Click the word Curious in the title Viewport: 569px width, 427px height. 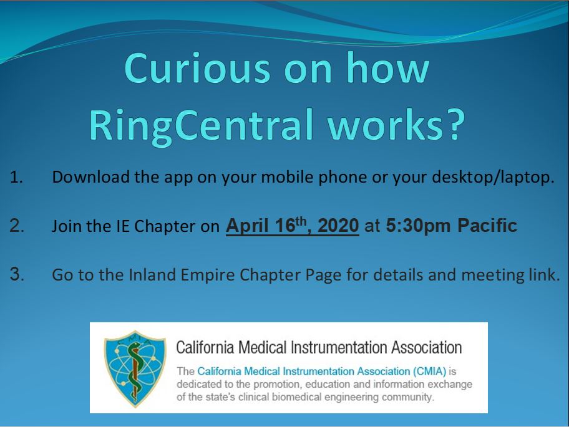pyautogui.click(x=197, y=68)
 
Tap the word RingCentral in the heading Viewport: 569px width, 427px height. pyautogui.click(x=202, y=125)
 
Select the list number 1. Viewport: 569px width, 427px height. pyautogui.click(x=16, y=177)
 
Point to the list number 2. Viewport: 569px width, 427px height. pyautogui.click(x=17, y=226)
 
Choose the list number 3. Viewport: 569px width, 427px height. pyautogui.click(x=17, y=274)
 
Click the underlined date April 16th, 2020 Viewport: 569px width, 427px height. pyautogui.click(x=293, y=226)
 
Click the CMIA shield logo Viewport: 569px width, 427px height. pyautogui.click(x=135, y=368)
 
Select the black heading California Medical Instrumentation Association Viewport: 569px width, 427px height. pyautogui.click(x=319, y=347)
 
